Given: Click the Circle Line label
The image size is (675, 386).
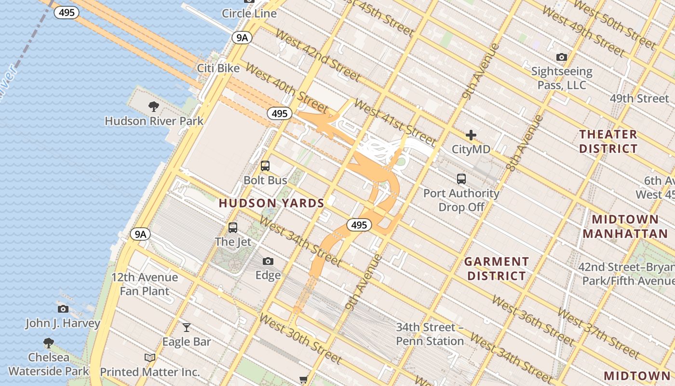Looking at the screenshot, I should tap(249, 14).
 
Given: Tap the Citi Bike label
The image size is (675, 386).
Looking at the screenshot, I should tap(218, 69).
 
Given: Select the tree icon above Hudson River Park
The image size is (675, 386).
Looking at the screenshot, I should tap(154, 107).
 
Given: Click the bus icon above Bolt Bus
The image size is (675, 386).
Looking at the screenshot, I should tap(265, 166).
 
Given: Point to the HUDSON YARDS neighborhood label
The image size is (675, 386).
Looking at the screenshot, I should tap(271, 203).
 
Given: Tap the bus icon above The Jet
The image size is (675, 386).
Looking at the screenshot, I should tap(233, 227).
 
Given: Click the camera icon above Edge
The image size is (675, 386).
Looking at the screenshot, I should tap(268, 262).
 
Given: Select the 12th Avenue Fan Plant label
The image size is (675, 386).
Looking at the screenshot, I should tap(145, 284).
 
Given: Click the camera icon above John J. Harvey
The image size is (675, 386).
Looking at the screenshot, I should tap(63, 309).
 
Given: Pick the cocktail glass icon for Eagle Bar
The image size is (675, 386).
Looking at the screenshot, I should tap(187, 328).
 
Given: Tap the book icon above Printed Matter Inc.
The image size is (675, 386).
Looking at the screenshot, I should tap(150, 358).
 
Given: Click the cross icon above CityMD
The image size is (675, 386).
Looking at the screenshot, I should tap(471, 135).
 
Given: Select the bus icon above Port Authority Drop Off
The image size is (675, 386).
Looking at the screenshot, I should tap(461, 179).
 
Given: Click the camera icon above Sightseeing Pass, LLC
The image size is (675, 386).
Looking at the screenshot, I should tap(561, 57).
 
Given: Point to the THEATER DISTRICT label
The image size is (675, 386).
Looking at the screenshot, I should tap(608, 141).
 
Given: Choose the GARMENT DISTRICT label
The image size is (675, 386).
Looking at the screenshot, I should tap(496, 269).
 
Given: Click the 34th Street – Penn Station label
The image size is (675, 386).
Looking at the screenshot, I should tap(430, 334).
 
